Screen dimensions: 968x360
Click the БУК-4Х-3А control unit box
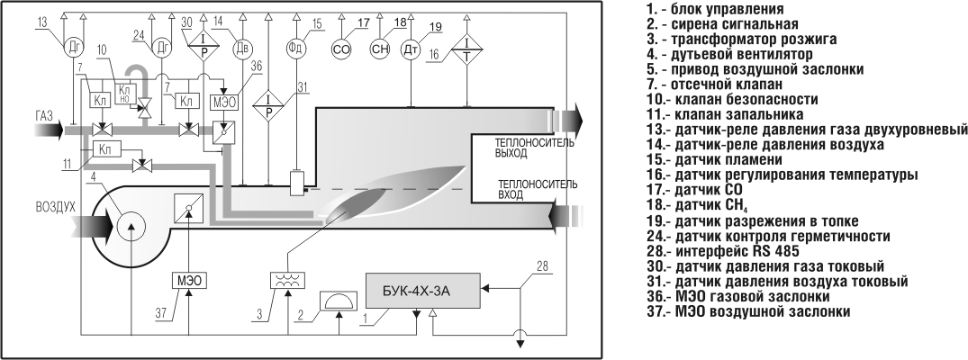[423, 290]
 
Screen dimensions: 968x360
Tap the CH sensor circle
[380, 49]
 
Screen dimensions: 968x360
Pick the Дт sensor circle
[412, 49]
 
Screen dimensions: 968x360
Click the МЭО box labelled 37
[189, 280]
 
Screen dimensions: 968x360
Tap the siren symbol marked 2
[338, 302]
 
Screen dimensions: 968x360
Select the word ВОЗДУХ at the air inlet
[54, 208]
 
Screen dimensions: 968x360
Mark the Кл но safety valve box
[124, 92]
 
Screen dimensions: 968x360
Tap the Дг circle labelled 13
[74, 48]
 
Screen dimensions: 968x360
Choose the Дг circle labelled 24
[163, 48]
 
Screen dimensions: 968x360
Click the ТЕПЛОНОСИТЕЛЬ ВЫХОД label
[535, 148]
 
